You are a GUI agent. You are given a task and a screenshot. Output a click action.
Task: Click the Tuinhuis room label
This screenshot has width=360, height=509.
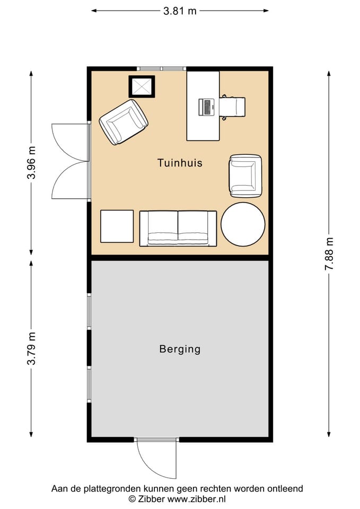[x=180, y=163]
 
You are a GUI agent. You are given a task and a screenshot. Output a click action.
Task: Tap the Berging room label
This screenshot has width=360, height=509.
[x=180, y=349]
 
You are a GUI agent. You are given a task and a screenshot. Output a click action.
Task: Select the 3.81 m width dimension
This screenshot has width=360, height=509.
[x=180, y=11]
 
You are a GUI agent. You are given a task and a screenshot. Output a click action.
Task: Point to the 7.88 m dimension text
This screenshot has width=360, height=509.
[x=329, y=253]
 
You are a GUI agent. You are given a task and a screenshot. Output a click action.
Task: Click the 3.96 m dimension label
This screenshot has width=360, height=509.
[x=31, y=163]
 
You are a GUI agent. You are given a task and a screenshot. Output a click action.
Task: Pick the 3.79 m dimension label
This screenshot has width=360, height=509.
[x=31, y=349]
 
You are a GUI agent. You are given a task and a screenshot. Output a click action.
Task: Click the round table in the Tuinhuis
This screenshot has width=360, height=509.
[x=243, y=224]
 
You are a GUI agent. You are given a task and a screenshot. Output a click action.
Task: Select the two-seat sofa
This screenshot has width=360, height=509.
[x=178, y=228]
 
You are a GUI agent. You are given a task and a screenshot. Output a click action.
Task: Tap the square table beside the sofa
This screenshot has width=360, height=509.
[x=117, y=226]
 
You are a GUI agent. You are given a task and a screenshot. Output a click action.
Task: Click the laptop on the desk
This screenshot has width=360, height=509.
[x=206, y=107]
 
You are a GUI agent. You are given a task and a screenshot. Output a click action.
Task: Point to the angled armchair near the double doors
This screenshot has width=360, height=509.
[x=124, y=122]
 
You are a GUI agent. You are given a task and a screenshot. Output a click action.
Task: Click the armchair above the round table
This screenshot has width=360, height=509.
[x=245, y=175]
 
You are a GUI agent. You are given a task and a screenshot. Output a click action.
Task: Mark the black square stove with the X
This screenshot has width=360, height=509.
[x=142, y=86]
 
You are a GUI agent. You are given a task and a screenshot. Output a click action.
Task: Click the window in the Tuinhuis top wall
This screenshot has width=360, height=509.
[x=161, y=68]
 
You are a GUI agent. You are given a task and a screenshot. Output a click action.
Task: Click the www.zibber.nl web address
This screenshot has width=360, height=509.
[x=196, y=499]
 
